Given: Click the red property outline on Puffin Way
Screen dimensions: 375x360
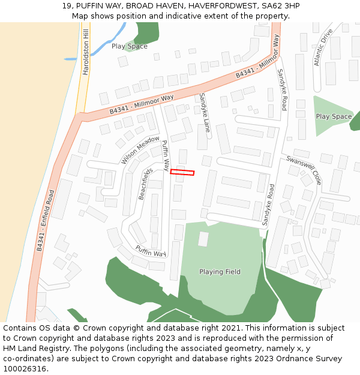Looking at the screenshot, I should click(182, 173).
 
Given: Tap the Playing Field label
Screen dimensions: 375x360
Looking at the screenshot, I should click(220, 272).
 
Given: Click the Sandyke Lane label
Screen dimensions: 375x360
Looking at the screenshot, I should click(206, 112).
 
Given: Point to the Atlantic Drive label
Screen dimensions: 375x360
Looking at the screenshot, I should click(322, 47).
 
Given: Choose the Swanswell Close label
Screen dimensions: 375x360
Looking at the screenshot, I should click(304, 170).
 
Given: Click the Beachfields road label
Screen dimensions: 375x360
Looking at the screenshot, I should click(145, 184).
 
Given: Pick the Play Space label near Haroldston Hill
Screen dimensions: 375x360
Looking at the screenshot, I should click(129, 46).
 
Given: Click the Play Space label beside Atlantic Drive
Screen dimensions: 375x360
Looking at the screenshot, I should click(334, 116).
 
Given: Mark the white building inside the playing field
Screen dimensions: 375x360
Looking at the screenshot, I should click(203, 239).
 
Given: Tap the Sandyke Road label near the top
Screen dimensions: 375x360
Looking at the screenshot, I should click(281, 89).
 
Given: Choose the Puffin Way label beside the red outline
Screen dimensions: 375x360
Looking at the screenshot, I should click(166, 155).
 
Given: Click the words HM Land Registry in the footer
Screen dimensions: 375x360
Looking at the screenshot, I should click(34, 349).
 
